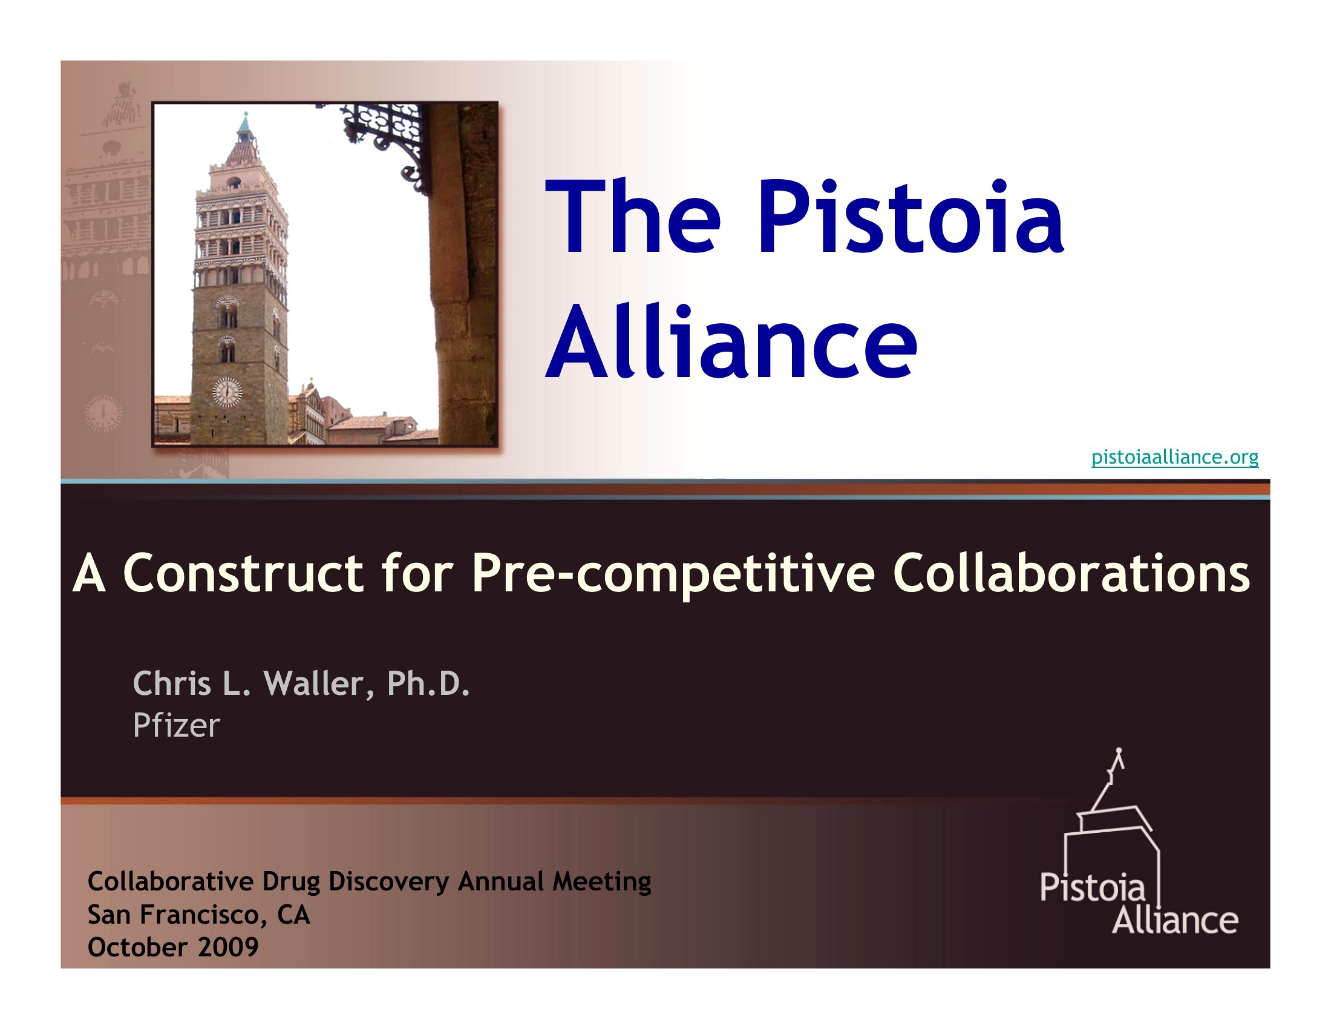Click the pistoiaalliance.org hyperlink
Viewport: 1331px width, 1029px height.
pyautogui.click(x=1175, y=456)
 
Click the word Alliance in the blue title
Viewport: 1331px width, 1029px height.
pyautogui.click(x=731, y=341)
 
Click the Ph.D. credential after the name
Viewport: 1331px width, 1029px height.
pyautogui.click(x=428, y=683)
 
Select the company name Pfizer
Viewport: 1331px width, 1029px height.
pyautogui.click(x=176, y=725)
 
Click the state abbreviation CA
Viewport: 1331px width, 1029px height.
pyautogui.click(x=294, y=915)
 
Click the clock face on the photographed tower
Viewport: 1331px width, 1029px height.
pyautogui.click(x=227, y=392)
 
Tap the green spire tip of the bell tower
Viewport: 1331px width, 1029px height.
pyautogui.click(x=245, y=122)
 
